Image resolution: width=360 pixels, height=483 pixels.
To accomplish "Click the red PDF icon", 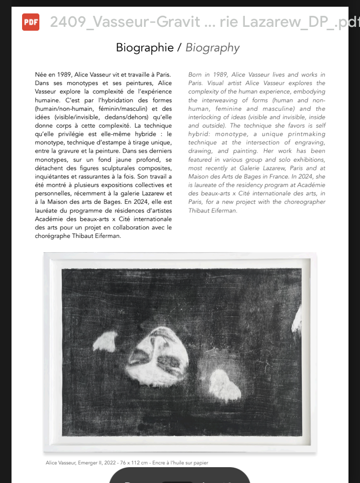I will pyautogui.click(x=31, y=22).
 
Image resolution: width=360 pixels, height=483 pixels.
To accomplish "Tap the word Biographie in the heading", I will pyautogui.click(x=144, y=47).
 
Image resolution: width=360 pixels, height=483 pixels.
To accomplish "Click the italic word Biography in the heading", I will pyautogui.click(x=212, y=47).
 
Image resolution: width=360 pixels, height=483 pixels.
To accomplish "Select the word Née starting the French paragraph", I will pyautogui.click(x=42, y=75).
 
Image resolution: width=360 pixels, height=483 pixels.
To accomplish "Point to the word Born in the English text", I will pyautogui.click(x=195, y=75).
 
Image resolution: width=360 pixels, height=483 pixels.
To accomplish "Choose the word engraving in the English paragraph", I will pyautogui.click(x=309, y=142).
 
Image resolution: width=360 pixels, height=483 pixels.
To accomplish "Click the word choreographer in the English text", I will pyautogui.click(x=303, y=201).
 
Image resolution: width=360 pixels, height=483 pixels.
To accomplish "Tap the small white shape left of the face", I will pyautogui.click(x=105, y=341).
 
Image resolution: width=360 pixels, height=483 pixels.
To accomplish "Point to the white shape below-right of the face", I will pyautogui.click(x=225, y=384).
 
